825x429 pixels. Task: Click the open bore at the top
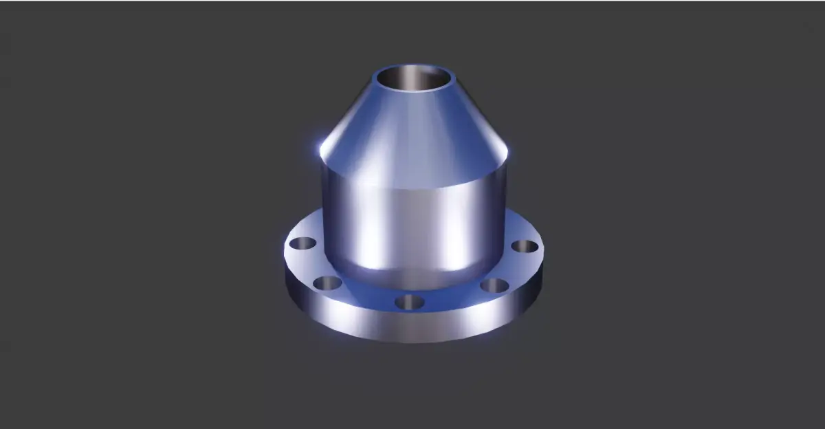coord(410,78)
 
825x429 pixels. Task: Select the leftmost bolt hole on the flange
coord(302,243)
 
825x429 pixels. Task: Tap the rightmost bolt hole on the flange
coord(524,246)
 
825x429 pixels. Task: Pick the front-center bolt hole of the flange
coord(410,301)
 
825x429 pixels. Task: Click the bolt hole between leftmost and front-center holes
coord(328,283)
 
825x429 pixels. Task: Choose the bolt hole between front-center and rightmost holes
coord(494,285)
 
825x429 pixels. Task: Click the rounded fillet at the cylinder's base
coord(412,275)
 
